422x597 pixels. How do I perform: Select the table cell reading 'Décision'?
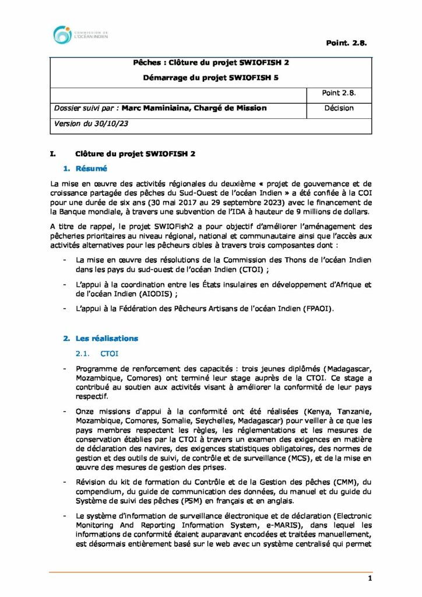click(339, 108)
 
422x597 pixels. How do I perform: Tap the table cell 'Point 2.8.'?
click(339, 93)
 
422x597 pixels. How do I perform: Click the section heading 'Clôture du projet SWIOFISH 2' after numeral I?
click(135, 154)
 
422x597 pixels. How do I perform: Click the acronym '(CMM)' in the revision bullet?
click(342, 483)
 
